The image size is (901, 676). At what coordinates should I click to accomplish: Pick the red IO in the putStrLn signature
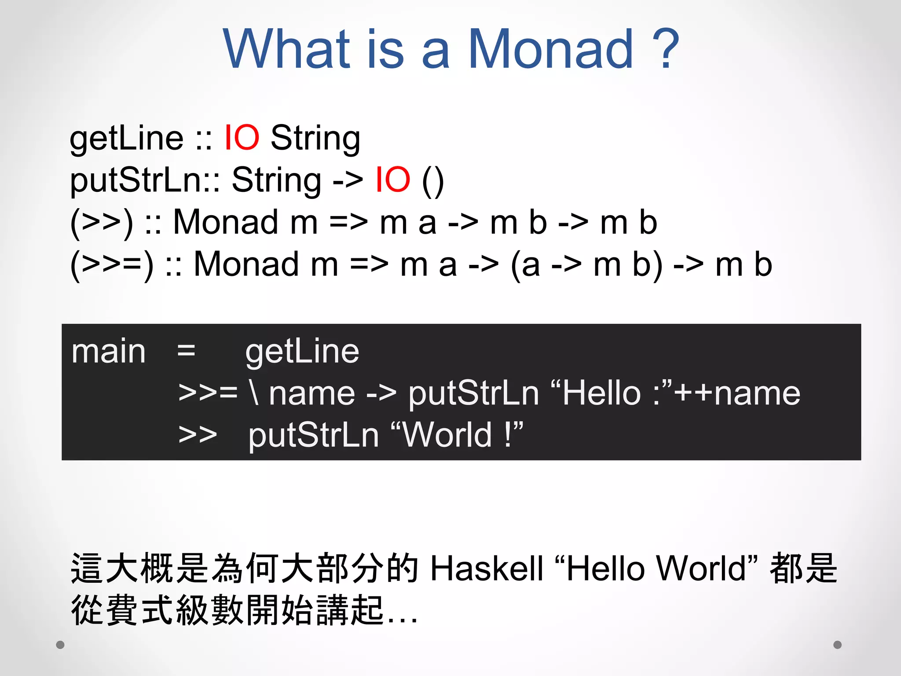[x=392, y=180]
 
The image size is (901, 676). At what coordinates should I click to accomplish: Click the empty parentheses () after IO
[x=433, y=180]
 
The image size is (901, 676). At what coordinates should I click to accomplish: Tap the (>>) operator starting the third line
[x=101, y=223]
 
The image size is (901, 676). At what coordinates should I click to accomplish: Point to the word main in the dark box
[x=108, y=352]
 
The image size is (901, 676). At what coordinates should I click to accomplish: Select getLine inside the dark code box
[x=302, y=352]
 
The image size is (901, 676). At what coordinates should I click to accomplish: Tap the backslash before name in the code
[x=254, y=393]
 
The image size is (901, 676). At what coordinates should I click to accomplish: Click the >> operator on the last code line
[x=198, y=435]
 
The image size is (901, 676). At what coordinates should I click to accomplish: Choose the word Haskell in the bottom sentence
[x=487, y=569]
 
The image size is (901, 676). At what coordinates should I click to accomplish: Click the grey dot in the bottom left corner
[x=60, y=645]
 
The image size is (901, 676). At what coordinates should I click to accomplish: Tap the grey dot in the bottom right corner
[x=838, y=645]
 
